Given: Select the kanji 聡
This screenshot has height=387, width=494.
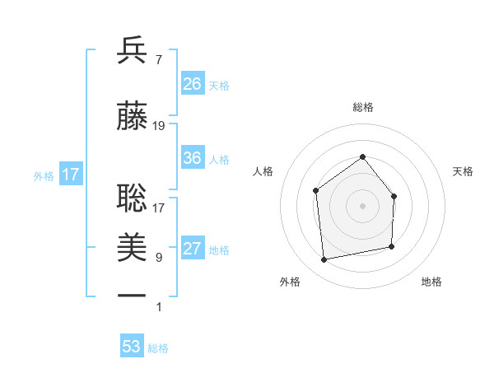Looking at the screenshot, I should pyautogui.click(x=132, y=198).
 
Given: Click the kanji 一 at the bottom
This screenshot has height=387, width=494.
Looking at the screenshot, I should pyautogui.click(x=132, y=295).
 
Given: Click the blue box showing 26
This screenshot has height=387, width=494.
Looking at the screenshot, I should pyautogui.click(x=193, y=84).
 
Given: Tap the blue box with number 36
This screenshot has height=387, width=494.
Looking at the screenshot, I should pyautogui.click(x=193, y=158).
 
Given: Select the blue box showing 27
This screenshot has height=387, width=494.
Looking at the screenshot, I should pyautogui.click(x=193, y=249).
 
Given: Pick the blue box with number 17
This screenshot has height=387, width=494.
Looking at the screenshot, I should pyautogui.click(x=70, y=175).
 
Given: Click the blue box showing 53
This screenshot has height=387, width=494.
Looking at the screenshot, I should pyautogui.click(x=132, y=347).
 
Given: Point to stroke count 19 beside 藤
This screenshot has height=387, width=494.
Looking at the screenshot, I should pyautogui.click(x=159, y=126).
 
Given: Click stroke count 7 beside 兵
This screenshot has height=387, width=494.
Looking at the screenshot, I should pyautogui.click(x=158, y=59).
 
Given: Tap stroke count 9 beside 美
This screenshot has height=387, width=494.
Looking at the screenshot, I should pyautogui.click(x=158, y=258).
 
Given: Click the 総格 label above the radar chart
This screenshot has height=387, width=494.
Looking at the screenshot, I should pyautogui.click(x=362, y=107).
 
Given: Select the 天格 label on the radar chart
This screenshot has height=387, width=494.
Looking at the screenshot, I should pyautogui.click(x=463, y=171).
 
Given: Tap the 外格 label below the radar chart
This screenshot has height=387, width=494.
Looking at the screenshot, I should pyautogui.click(x=290, y=282).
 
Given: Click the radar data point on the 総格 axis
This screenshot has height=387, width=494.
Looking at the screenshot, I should pyautogui.click(x=362, y=156).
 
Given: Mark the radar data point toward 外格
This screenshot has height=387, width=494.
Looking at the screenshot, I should pyautogui.click(x=324, y=260).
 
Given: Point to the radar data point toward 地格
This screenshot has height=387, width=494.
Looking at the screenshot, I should pyautogui.click(x=392, y=246).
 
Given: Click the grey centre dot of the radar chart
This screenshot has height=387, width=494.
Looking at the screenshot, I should pyautogui.click(x=362, y=205).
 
